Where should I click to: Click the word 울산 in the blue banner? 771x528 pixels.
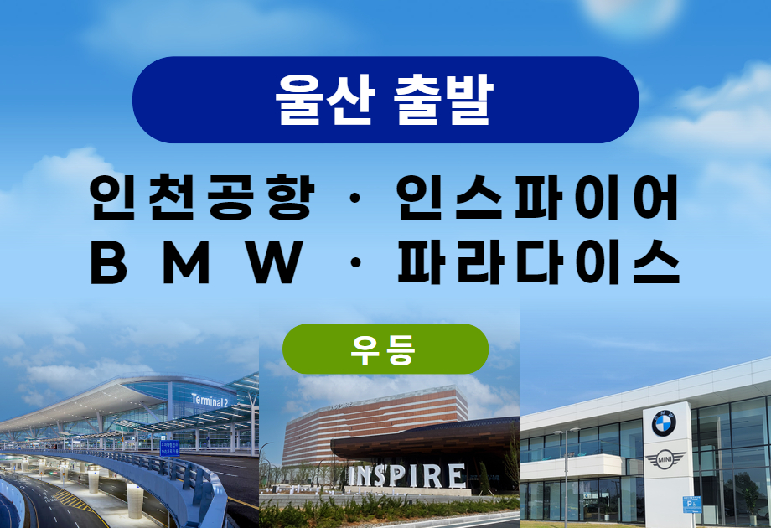pyautogui.click(x=325, y=100)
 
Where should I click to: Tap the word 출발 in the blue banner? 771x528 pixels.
pyautogui.click(x=443, y=100)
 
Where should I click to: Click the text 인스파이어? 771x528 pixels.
pyautogui.click(x=537, y=198)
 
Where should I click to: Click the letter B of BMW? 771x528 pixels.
pyautogui.click(x=108, y=262)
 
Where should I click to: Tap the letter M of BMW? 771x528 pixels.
pyautogui.click(x=186, y=262)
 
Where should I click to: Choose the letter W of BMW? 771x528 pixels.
pyautogui.click(x=276, y=262)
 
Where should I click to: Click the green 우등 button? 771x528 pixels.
pyautogui.click(x=385, y=349)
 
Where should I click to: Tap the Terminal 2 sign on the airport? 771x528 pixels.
pyautogui.click(x=210, y=401)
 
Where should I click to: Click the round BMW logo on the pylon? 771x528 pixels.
pyautogui.click(x=664, y=423)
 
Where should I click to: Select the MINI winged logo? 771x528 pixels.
pyautogui.click(x=665, y=460)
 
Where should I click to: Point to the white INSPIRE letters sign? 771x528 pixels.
pyautogui.click(x=407, y=476)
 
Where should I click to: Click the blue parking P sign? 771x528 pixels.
pyautogui.click(x=691, y=505)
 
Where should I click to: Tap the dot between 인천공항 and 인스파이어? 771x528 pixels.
pyautogui.click(x=355, y=198)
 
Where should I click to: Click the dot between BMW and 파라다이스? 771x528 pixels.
pyautogui.click(x=355, y=262)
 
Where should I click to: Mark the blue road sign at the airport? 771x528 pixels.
pyautogui.click(x=169, y=448)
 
